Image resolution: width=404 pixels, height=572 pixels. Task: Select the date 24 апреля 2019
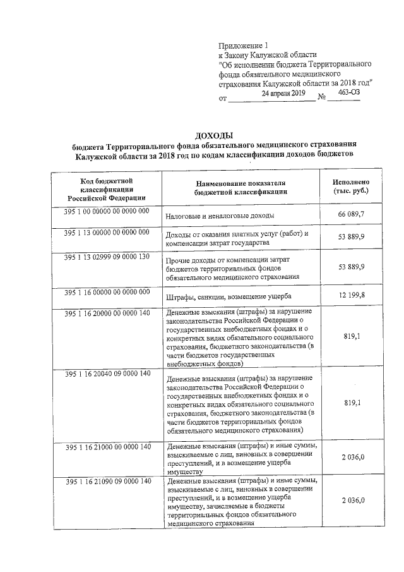pyautogui.click(x=283, y=93)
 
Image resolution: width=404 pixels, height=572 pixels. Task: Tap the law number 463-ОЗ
pyautogui.click(x=349, y=92)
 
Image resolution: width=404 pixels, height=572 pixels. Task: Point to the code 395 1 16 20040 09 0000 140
pyautogui.click(x=106, y=374)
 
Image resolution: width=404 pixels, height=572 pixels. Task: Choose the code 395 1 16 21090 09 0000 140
pyautogui.click(x=106, y=482)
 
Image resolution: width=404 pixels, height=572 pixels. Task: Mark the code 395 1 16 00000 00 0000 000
pyautogui.click(x=106, y=291)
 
